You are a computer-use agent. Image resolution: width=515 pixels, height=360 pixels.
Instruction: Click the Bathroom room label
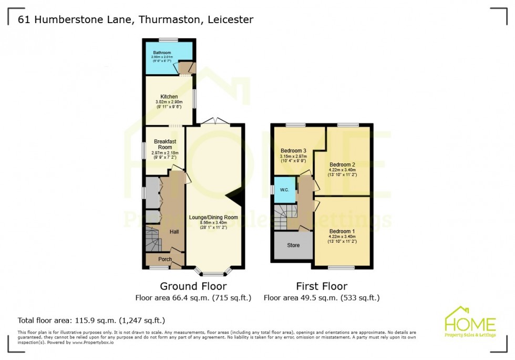point(161,53)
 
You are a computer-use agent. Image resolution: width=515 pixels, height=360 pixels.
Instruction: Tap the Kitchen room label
point(169,97)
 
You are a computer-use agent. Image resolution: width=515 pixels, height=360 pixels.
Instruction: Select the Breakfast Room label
point(163,145)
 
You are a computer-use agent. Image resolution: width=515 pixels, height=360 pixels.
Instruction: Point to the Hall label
point(175,231)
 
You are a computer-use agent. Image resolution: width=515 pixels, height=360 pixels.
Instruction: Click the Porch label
point(165,259)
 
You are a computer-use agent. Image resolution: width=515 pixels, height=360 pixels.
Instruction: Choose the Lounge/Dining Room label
point(213,217)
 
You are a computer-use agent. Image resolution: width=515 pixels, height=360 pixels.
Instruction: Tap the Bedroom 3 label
point(293,150)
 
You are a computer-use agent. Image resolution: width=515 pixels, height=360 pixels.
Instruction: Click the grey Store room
point(293,245)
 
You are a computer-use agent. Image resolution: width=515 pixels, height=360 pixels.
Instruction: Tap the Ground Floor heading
point(193,286)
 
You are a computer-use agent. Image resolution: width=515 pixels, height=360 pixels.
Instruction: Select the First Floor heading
point(321,286)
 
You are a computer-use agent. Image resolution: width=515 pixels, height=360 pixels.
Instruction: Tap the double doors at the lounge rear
point(215,121)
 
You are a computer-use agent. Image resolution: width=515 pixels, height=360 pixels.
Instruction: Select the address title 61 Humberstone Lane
point(136,20)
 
